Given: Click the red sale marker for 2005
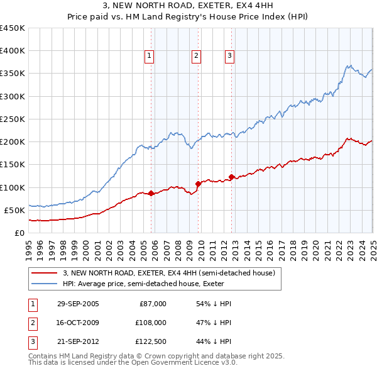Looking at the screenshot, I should click(151, 194).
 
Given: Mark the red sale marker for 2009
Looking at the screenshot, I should click(198, 184).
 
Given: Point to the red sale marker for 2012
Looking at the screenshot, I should click(231, 177).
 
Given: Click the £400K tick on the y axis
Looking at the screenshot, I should click(13, 51).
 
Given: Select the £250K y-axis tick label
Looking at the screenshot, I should click(13, 119).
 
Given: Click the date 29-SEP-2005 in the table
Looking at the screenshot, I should click(78, 304).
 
